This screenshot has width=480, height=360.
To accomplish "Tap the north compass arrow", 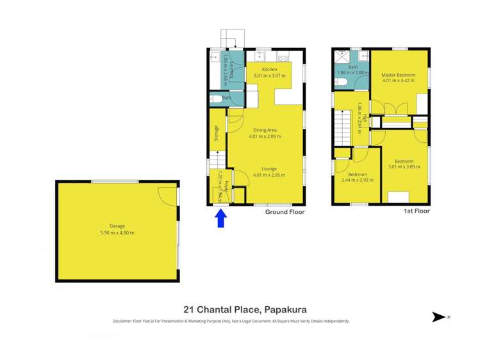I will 439,316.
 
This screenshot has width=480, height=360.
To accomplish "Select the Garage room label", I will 117,225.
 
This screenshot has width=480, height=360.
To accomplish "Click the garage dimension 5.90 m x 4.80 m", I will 117,233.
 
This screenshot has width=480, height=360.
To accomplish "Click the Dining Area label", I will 265,130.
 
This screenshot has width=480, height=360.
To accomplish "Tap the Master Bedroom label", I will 399,75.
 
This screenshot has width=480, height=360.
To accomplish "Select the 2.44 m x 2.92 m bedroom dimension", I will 357,181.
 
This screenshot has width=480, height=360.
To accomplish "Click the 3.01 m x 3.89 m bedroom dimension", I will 404,167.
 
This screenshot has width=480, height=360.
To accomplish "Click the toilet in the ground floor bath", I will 216,99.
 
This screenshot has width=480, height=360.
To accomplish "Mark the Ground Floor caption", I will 285,211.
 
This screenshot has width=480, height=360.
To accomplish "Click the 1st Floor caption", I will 417,211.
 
